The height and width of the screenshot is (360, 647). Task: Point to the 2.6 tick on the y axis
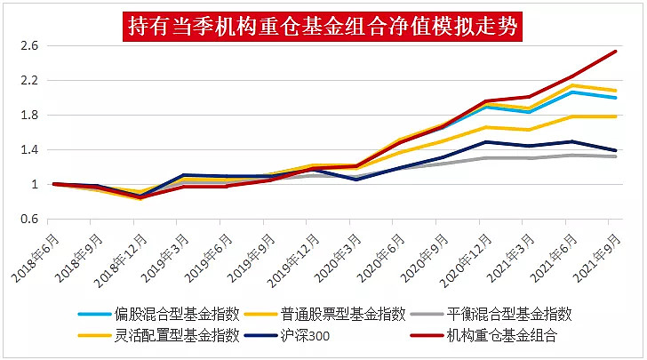click(x=29, y=46)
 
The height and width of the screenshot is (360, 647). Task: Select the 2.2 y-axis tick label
click(x=29, y=81)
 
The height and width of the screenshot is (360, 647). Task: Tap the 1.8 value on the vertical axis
click(x=29, y=116)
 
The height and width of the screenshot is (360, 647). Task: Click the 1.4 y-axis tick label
click(x=29, y=150)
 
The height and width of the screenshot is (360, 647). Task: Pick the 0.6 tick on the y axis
click(x=29, y=220)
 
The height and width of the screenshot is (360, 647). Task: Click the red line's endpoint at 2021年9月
click(x=616, y=51)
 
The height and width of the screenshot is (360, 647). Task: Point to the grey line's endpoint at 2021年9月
click(x=616, y=156)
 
